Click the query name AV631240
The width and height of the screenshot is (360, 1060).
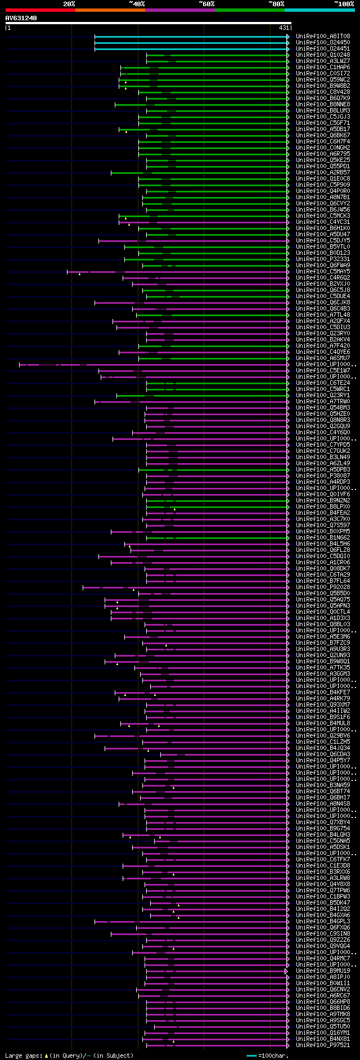click(21, 18)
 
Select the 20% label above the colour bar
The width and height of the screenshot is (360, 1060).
click(69, 4)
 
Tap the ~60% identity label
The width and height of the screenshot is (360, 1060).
click(206, 4)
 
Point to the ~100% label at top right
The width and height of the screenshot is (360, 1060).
click(344, 4)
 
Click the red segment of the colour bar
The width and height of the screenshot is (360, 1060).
click(40, 10)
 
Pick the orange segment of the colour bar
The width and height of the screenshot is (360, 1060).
click(110, 10)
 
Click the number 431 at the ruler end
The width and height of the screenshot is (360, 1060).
click(283, 28)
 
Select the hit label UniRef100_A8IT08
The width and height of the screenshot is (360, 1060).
click(323, 37)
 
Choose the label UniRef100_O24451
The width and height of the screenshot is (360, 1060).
click(323, 49)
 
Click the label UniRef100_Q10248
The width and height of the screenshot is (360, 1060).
click(323, 55)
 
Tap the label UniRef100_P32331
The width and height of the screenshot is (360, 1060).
click(323, 259)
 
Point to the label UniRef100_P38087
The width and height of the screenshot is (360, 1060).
click(323, 476)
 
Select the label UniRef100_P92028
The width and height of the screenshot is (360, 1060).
click(323, 587)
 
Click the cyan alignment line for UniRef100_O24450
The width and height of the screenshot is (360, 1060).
click(191, 43)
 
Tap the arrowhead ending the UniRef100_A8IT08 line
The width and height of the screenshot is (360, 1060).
click(288, 37)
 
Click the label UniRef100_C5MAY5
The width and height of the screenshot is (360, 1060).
click(323, 272)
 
